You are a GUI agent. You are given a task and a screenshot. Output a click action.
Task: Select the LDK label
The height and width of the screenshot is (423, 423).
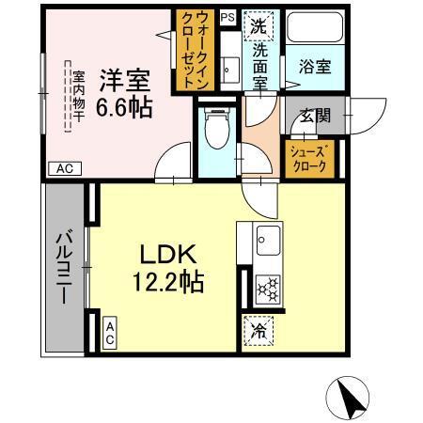(x=167, y=254)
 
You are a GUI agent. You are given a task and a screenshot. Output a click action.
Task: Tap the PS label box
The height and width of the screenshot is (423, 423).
(x=227, y=17)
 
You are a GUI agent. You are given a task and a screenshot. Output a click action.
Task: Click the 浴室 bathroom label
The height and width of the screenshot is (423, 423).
(x=314, y=68)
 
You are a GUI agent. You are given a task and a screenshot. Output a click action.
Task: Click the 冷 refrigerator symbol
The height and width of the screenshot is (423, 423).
(x=258, y=331)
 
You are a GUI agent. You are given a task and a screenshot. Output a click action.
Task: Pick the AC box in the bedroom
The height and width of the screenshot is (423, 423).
(x=65, y=169)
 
